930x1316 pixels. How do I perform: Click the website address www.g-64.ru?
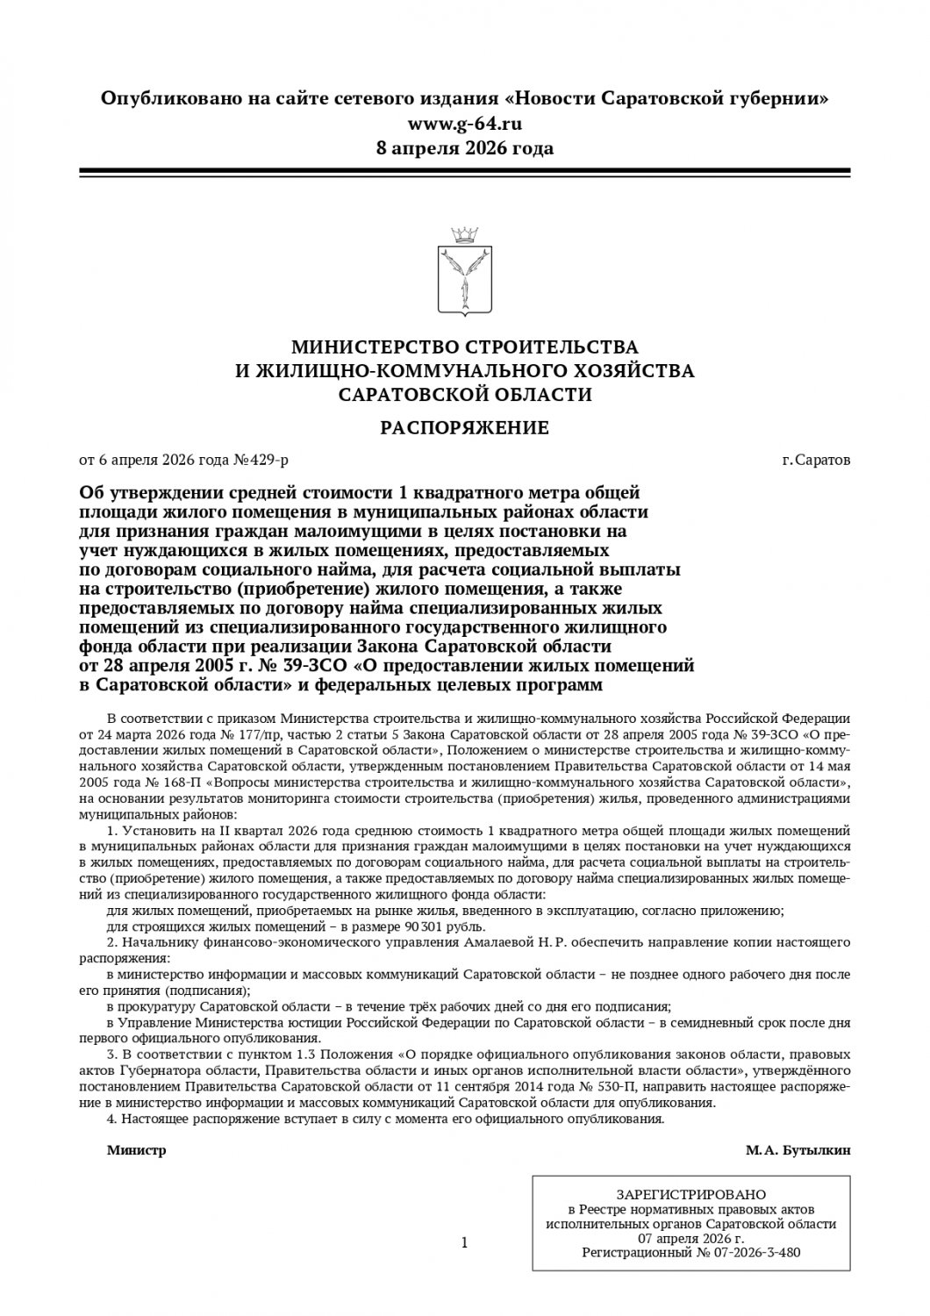[465, 123]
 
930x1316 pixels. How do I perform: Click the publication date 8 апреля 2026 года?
[465, 147]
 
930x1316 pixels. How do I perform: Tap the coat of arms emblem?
[465, 282]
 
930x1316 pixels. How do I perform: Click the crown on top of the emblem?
[465, 234]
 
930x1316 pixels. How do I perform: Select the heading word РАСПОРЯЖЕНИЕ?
[465, 427]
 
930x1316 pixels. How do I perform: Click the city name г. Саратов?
[816, 459]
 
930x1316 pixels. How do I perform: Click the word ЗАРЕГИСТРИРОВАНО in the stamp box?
[690, 1194]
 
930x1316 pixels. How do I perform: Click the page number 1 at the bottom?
[464, 1241]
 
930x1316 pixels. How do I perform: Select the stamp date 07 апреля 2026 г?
[690, 1238]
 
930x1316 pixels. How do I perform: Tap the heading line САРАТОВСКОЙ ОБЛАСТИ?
[465, 395]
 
